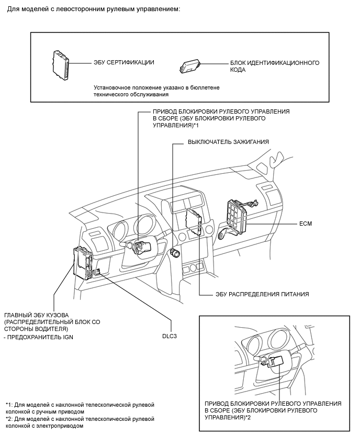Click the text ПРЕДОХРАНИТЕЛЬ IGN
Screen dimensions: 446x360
(40, 338)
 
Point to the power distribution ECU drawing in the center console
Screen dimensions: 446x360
(194, 221)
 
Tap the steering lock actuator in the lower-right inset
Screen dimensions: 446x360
(276, 363)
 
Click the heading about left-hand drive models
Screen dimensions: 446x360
(94, 10)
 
